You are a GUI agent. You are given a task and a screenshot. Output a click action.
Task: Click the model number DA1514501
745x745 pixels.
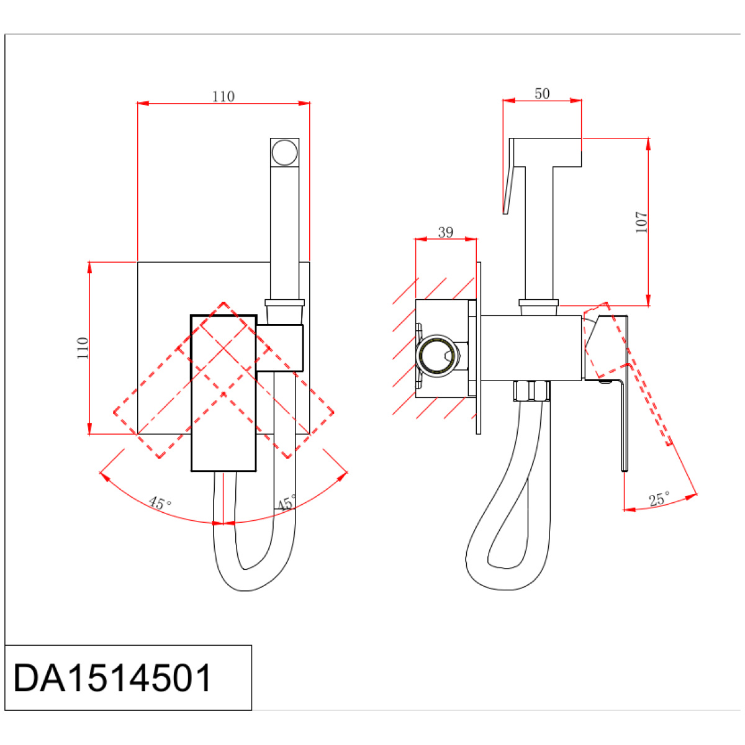click(x=112, y=678)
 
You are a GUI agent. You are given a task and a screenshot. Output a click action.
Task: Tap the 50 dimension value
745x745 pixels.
click(x=542, y=94)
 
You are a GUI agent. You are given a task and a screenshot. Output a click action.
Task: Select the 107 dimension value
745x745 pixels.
click(x=641, y=222)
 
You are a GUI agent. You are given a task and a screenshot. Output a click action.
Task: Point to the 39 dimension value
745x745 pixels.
click(x=445, y=232)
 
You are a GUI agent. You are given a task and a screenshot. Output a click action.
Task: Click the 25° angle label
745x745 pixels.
click(x=659, y=499)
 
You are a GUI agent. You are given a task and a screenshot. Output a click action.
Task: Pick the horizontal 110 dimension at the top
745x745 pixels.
click(x=223, y=96)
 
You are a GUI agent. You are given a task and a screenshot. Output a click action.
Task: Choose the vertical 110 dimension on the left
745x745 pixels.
click(x=83, y=348)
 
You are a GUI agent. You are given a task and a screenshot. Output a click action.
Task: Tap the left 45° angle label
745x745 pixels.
click(x=160, y=503)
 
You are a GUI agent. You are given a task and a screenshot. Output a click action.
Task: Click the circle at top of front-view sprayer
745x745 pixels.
click(x=284, y=152)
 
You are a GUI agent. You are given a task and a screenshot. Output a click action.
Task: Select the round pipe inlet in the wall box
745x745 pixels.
click(x=438, y=356)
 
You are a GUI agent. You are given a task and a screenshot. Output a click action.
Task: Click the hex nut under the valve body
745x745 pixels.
click(x=532, y=391)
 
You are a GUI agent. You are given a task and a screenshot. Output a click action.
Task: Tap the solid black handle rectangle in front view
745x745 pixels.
click(x=223, y=393)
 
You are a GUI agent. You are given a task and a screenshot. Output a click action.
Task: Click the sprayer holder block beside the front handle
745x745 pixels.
click(x=280, y=348)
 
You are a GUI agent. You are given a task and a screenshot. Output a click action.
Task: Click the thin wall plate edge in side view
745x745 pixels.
click(x=479, y=348)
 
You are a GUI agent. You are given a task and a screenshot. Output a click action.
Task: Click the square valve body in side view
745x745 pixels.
click(x=531, y=348)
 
